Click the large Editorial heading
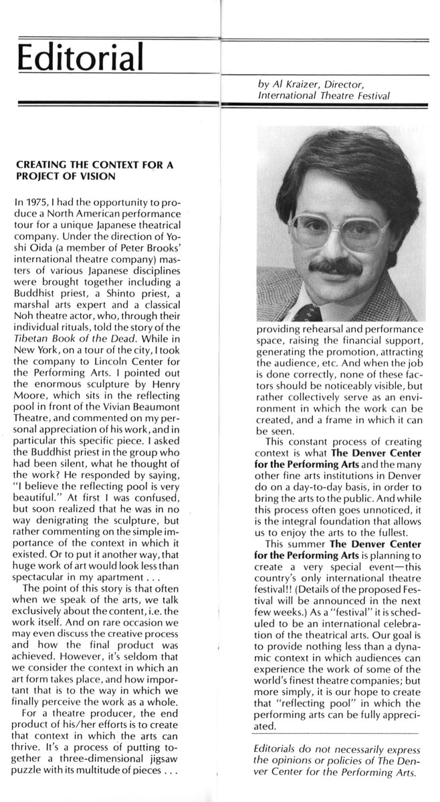81,54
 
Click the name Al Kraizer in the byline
290,85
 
